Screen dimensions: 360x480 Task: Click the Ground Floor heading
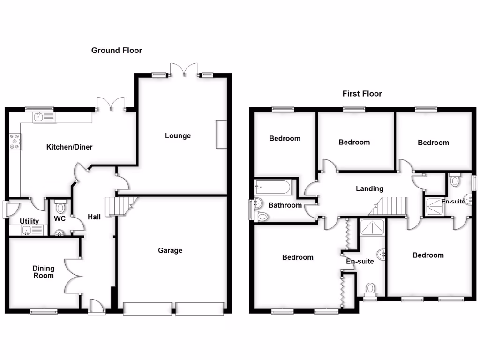coord(116,50)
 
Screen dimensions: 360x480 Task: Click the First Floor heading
coord(362,94)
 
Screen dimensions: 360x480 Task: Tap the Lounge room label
coord(178,136)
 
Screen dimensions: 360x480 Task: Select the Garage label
coord(170,250)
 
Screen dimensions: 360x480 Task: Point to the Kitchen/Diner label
coord(69,147)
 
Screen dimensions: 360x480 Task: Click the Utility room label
coord(30,221)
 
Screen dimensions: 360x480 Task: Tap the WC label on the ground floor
coord(60,219)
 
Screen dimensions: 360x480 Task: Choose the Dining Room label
coord(43,272)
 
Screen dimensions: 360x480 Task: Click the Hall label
coord(94,217)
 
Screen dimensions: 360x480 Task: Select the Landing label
coord(369,189)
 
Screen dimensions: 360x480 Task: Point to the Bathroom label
coord(285,205)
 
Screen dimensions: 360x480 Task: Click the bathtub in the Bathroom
coord(273,188)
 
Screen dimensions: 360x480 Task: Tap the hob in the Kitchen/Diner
coord(15,142)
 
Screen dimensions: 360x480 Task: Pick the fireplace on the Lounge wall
coord(221,135)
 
